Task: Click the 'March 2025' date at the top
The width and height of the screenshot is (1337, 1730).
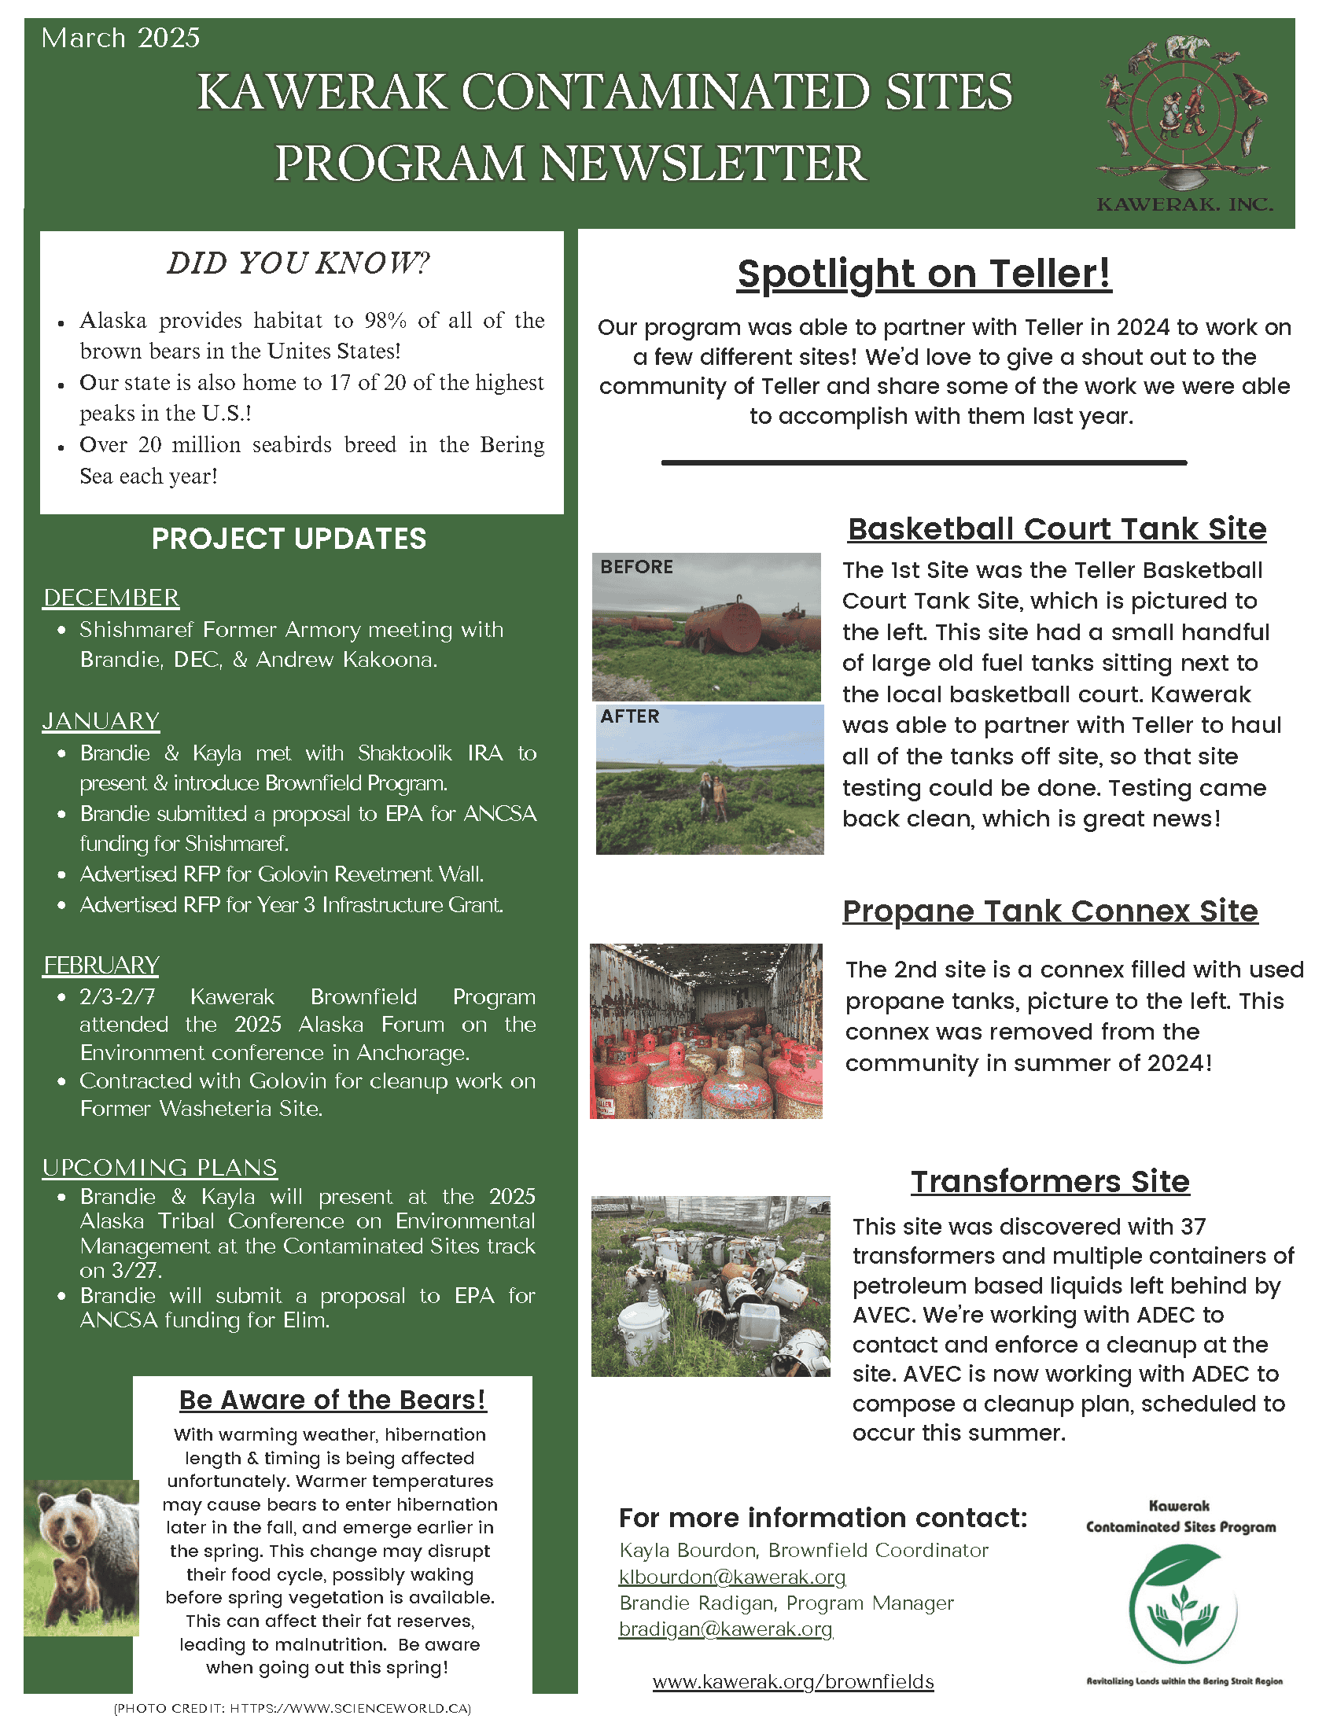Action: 120,38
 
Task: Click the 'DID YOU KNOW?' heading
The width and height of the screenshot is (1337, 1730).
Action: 299,263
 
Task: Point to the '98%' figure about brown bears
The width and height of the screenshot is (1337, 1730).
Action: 385,321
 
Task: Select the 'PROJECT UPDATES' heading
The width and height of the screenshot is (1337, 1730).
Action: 289,539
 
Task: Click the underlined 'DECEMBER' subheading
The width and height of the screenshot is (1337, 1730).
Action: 111,598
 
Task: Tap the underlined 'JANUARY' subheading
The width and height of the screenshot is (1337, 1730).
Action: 101,722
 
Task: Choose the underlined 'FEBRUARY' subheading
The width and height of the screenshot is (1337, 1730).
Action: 101,966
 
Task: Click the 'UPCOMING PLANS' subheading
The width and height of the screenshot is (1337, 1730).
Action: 160,1169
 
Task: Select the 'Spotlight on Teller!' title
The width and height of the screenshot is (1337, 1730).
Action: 924,275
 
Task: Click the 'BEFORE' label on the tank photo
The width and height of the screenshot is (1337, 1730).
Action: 636,567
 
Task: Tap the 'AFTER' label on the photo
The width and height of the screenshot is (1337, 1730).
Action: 630,717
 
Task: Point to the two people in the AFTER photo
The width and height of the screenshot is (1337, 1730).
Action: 709,796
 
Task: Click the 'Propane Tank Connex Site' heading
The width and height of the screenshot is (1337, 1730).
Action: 1050,911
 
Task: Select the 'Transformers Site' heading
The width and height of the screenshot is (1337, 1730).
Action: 1050,1182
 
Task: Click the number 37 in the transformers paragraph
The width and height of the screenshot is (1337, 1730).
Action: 1193,1227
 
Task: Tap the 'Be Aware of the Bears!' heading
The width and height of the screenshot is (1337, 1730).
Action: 333,1401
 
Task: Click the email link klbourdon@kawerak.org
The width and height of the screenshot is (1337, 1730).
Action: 733,1577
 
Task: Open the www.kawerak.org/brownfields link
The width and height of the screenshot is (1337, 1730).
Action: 794,1682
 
